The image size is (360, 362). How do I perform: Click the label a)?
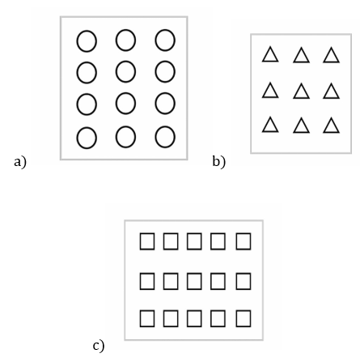[20, 162]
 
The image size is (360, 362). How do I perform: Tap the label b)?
[218, 162]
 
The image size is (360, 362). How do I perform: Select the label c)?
[99, 346]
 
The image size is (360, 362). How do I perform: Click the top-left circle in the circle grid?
[77, 41]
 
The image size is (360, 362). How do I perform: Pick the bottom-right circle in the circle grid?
[155, 137]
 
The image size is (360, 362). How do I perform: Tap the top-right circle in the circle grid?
[155, 40]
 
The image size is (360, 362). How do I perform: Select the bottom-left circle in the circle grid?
[77, 138]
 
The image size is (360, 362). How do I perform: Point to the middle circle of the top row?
[116, 40]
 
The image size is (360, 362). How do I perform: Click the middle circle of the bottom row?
[116, 137]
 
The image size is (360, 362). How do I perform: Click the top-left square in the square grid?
[140, 241]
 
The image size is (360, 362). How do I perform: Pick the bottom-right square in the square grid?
[236, 318]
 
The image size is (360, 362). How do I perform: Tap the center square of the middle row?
[187, 281]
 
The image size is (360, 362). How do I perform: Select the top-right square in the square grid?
[236, 241]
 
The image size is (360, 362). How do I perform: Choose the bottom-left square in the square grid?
[140, 318]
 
